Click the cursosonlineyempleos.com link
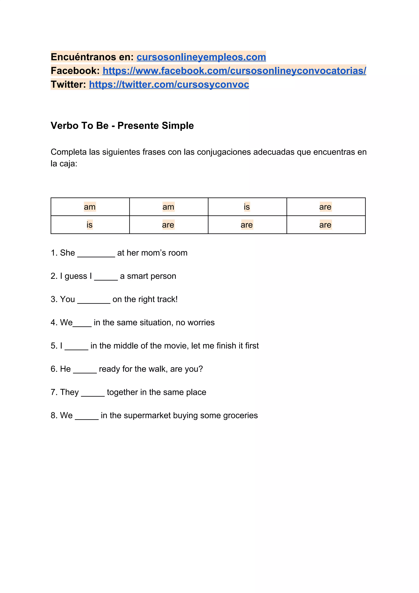(201, 57)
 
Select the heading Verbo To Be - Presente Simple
(122, 125)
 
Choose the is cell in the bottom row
(90, 225)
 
